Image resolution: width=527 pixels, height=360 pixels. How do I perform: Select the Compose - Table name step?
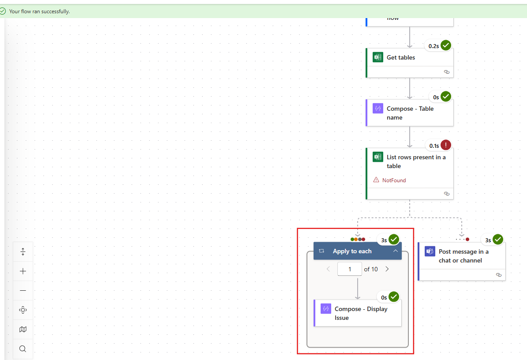click(x=410, y=113)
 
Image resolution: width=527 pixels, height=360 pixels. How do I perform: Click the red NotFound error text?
click(x=394, y=180)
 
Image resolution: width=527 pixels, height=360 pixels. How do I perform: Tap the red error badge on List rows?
click(x=446, y=145)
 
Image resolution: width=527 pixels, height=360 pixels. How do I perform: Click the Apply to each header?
click(x=352, y=251)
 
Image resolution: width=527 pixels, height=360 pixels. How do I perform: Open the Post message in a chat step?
click(x=463, y=256)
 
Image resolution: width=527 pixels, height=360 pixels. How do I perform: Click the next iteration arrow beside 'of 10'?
click(x=387, y=269)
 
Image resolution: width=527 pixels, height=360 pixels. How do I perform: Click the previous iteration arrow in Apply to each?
click(x=328, y=269)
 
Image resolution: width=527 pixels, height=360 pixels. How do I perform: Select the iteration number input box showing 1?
click(x=349, y=269)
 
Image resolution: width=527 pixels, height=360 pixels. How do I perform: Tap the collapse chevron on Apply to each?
click(x=396, y=251)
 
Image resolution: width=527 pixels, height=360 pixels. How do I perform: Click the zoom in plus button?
click(x=23, y=271)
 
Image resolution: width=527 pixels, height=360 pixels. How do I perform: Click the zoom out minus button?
click(x=23, y=291)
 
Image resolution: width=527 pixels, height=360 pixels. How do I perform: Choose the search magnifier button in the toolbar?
click(x=23, y=349)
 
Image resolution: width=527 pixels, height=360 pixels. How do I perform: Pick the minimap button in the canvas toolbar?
click(x=23, y=330)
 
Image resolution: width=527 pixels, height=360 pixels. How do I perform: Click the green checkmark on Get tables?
click(x=446, y=45)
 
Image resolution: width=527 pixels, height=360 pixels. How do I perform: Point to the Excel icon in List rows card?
click(x=377, y=157)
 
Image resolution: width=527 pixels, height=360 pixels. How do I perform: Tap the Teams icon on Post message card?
click(x=430, y=251)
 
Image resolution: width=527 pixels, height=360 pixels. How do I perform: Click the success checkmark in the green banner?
click(x=3, y=11)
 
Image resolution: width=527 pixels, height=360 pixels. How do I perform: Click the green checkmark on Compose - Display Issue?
click(x=394, y=296)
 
